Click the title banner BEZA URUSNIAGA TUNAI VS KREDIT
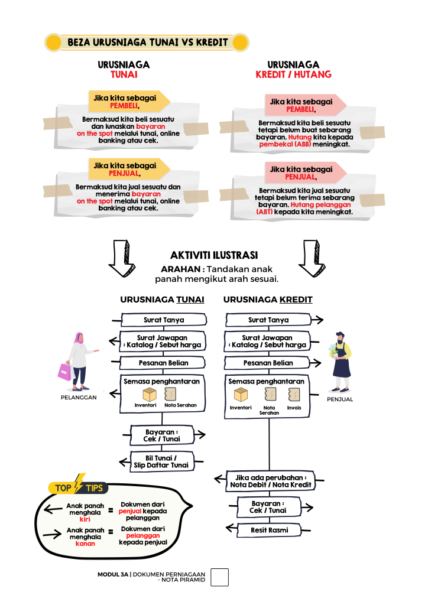click(147, 43)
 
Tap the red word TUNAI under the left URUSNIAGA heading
click(124, 75)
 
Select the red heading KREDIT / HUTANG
click(293, 75)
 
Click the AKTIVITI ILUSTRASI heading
click(213, 255)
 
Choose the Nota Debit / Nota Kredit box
click(271, 481)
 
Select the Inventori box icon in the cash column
click(149, 395)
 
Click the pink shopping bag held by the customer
click(64, 372)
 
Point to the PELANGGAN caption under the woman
click(79, 398)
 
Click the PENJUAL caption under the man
click(339, 399)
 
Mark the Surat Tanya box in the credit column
click(268, 320)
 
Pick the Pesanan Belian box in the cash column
click(163, 363)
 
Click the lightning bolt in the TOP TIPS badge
click(79, 484)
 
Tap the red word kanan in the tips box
click(85, 544)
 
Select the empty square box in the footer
click(219, 577)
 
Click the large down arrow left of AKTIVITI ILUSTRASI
click(122, 259)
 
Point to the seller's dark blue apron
click(341, 367)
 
